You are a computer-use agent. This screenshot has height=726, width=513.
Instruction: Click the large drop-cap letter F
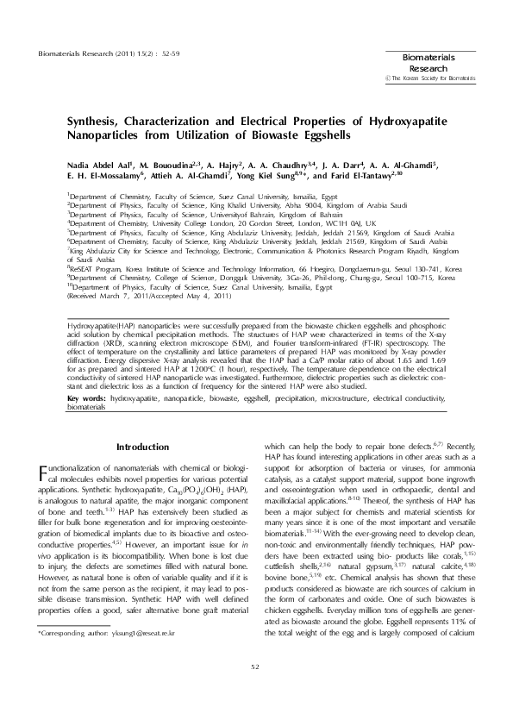point(45,475)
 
